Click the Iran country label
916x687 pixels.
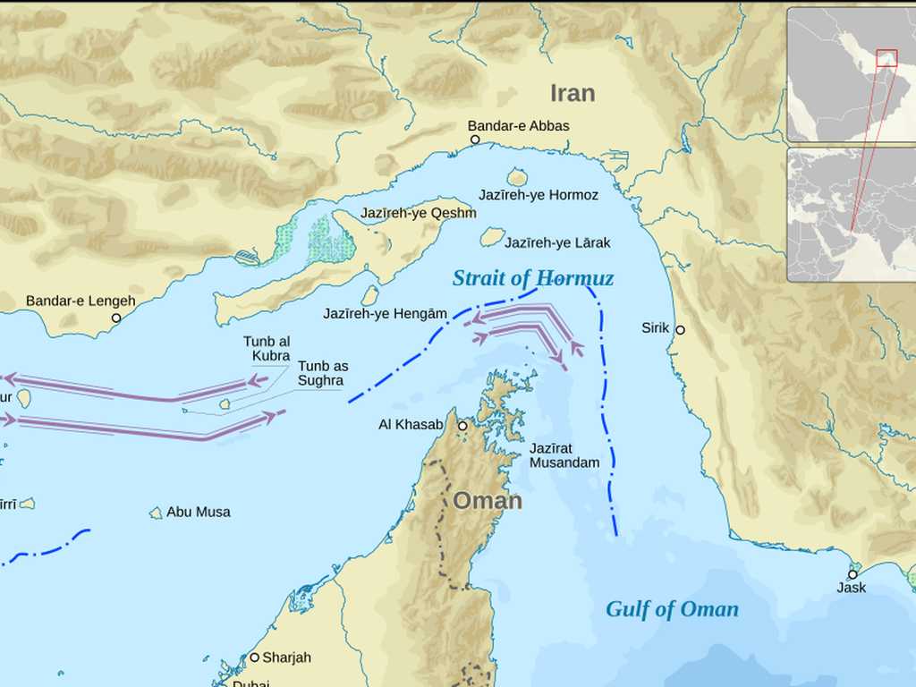pyautogui.click(x=572, y=93)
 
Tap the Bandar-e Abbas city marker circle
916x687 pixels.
pyautogui.click(x=475, y=140)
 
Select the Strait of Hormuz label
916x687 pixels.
pyautogui.click(x=533, y=278)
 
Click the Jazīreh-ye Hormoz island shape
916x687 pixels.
pyautogui.click(x=517, y=177)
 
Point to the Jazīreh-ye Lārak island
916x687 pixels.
pyautogui.click(x=492, y=237)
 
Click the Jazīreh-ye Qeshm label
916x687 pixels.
pyautogui.click(x=418, y=213)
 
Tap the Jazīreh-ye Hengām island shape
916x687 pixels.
pyautogui.click(x=369, y=296)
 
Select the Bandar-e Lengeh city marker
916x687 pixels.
pyautogui.click(x=116, y=318)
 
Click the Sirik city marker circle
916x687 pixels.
pyautogui.click(x=680, y=329)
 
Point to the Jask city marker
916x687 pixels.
pyautogui.click(x=852, y=574)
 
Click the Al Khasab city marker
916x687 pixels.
pyautogui.click(x=462, y=427)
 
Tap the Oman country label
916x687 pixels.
pyautogui.click(x=487, y=501)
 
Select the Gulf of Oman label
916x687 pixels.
pyautogui.click(x=672, y=609)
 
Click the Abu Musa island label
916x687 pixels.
pyautogui.click(x=198, y=512)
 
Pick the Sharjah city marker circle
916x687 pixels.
pyautogui.click(x=254, y=657)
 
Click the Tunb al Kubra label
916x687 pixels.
pyautogui.click(x=267, y=349)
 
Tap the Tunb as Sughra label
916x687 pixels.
pyautogui.click(x=323, y=373)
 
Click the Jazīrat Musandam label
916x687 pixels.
pyautogui.click(x=564, y=455)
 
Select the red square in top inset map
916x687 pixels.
pyautogui.click(x=886, y=58)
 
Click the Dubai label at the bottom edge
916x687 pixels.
pyautogui.click(x=250, y=683)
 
